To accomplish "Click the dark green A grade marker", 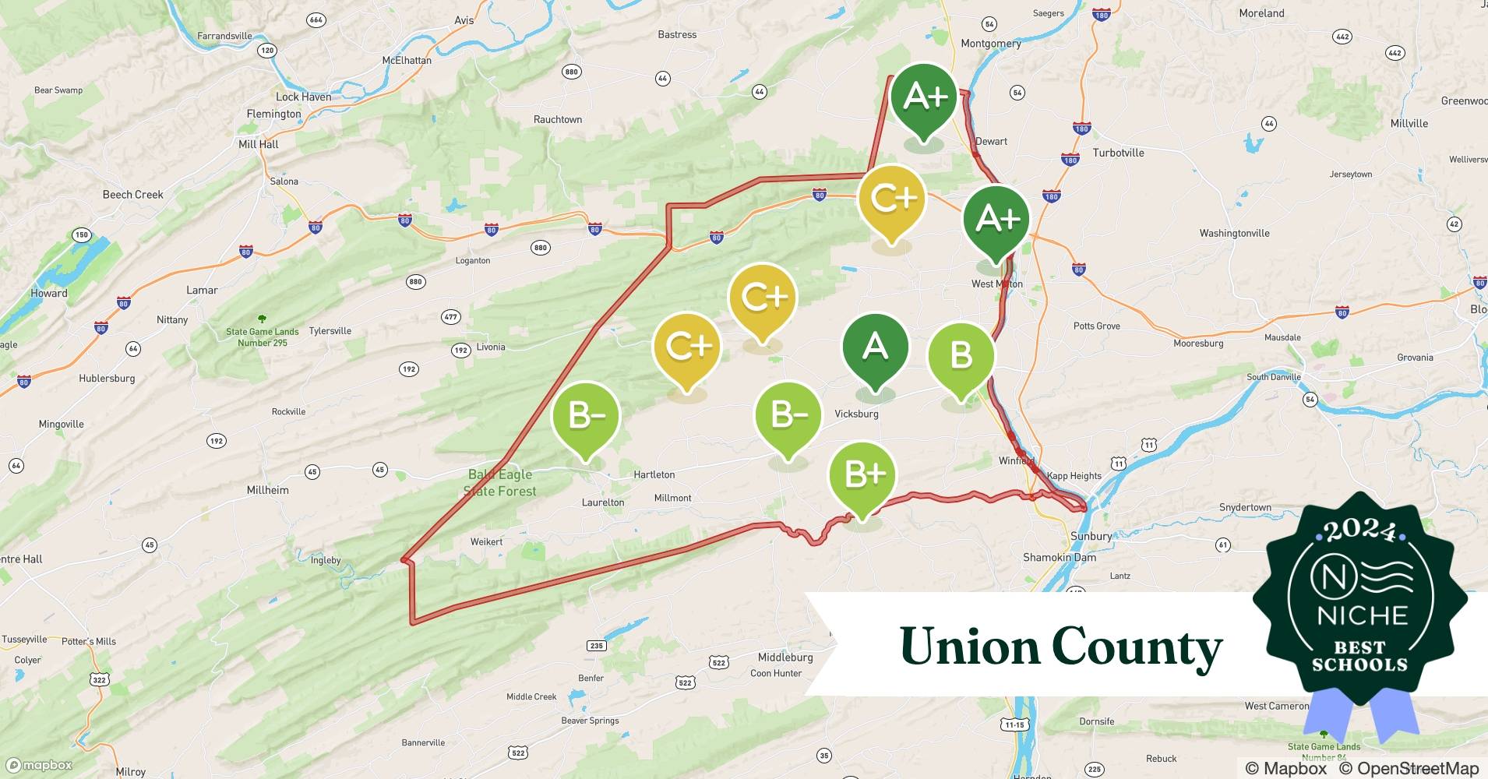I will click(x=875, y=347).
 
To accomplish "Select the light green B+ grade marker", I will click(x=862, y=474).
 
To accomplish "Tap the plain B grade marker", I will click(x=961, y=356).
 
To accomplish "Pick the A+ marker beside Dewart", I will click(x=924, y=97).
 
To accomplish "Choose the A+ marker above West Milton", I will click(x=996, y=220).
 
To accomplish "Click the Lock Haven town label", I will click(x=303, y=97).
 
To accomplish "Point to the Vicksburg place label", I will click(x=856, y=414).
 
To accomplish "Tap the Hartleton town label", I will click(x=654, y=474).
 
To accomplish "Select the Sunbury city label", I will click(x=1091, y=536).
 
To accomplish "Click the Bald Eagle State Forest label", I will click(x=500, y=483).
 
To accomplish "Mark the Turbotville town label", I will click(x=1118, y=153).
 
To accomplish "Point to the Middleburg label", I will click(x=785, y=657).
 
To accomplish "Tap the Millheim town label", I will click(x=267, y=490).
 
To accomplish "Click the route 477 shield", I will click(x=450, y=316).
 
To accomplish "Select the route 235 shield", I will click(x=596, y=645).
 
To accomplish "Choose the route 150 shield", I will click(x=81, y=234).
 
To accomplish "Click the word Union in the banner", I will click(x=967, y=647).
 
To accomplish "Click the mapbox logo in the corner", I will click(x=39, y=765).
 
